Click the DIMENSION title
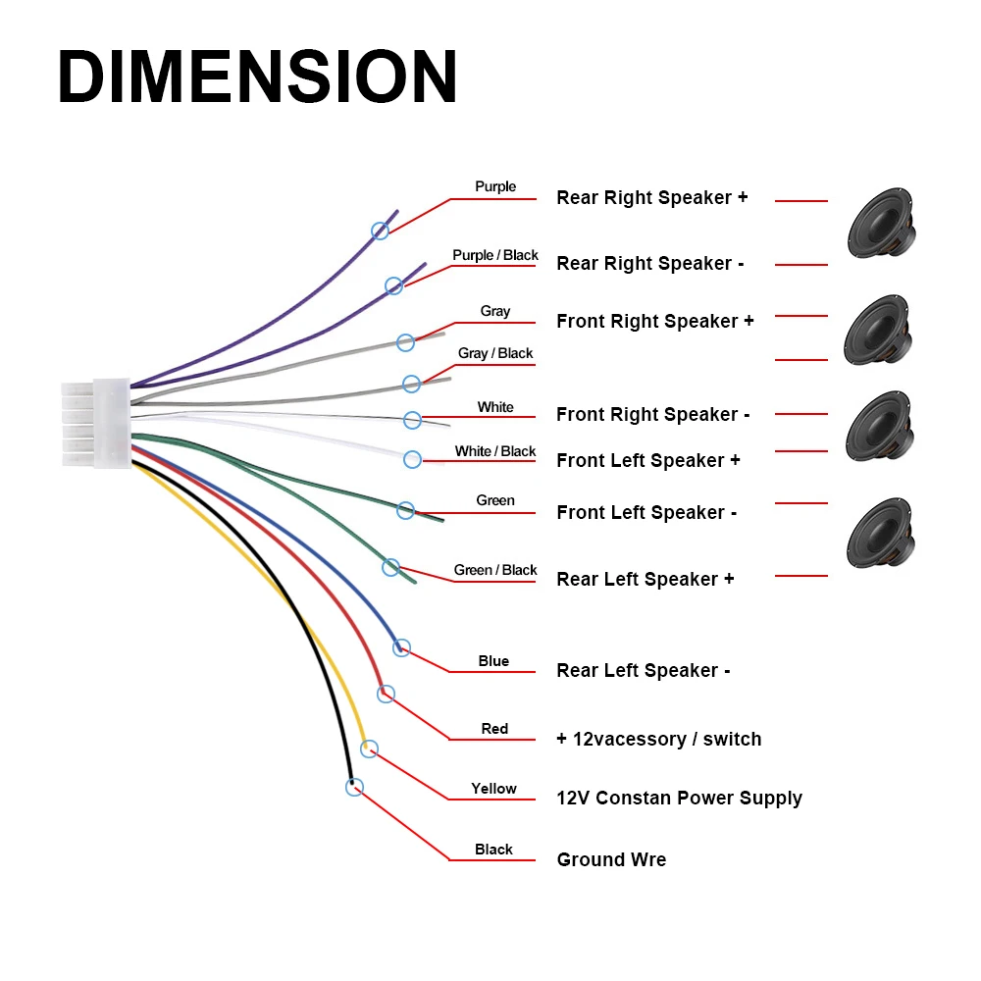coord(257,77)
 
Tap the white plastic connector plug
coord(96,424)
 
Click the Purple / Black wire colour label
coord(494,255)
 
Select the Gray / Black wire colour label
coord(494,353)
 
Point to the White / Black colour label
coord(494,451)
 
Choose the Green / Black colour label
coord(494,570)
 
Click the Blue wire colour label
coord(493,661)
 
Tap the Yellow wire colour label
coord(493,789)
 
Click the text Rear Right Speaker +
coord(652,198)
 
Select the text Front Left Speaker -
coord(646,512)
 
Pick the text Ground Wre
coord(611,859)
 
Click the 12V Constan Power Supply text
coord(680,799)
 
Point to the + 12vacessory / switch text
coord(659,739)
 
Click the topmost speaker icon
coord(882,222)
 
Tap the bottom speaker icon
coord(881,533)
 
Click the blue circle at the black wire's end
coord(354,787)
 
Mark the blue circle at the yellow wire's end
coord(369,749)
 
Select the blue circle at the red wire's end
coord(386,694)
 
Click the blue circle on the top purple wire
coord(380,231)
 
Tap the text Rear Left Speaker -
coord(644,671)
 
